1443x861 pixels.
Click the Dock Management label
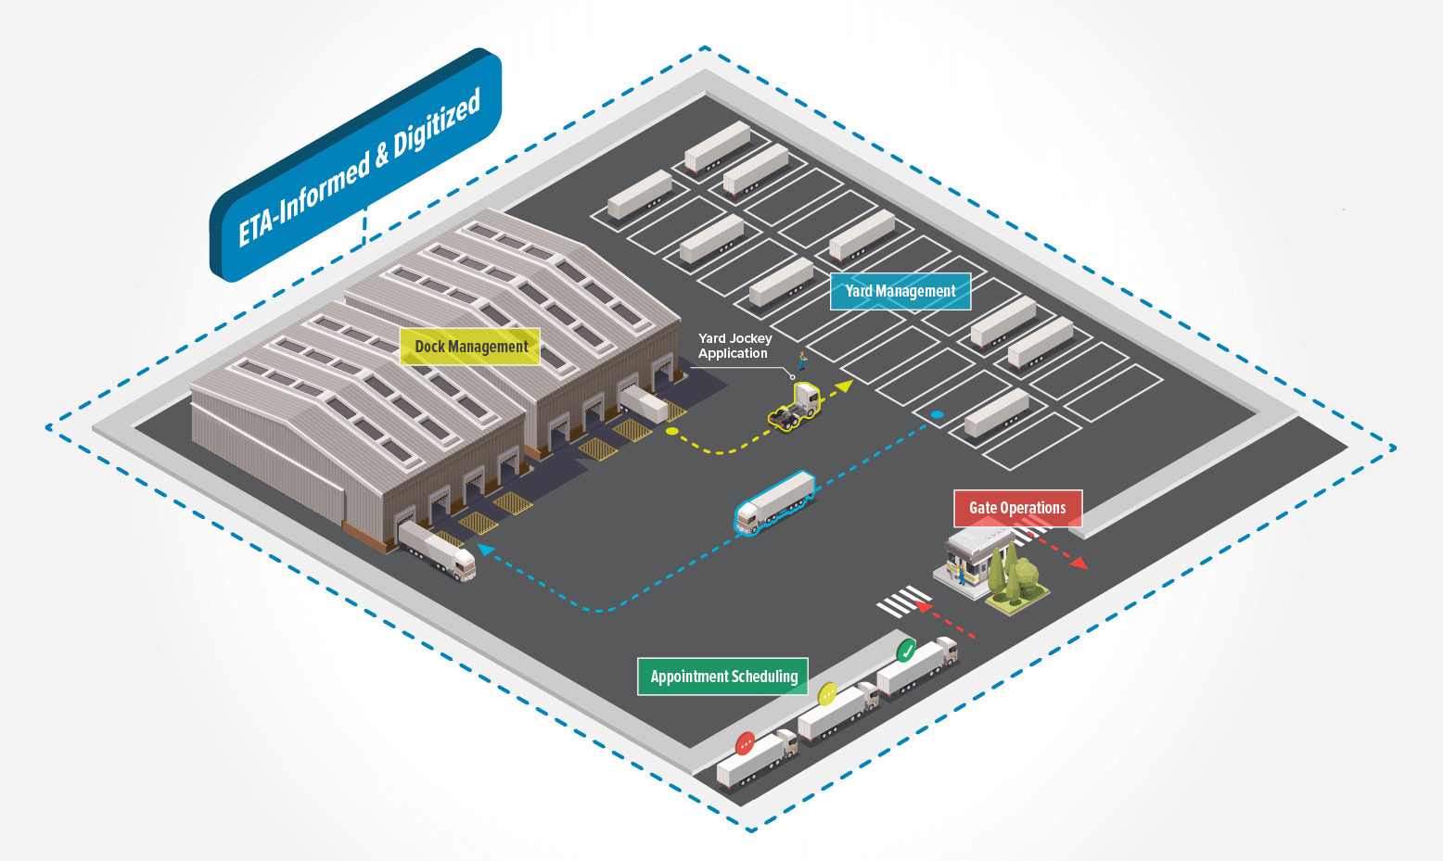[470, 347]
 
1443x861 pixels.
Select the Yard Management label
[900, 291]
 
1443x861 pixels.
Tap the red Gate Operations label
[1017, 508]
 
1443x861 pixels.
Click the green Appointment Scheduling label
[723, 677]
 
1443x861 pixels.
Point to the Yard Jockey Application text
[734, 346]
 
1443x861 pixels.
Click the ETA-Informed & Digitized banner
[357, 167]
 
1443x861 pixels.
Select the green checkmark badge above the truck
[907, 649]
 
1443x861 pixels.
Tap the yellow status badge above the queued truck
[827, 692]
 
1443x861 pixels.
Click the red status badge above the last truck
[746, 742]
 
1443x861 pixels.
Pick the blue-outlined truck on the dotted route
[775, 503]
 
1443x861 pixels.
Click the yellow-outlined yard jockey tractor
[796, 407]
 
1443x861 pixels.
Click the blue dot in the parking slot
[937, 414]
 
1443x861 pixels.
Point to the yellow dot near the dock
[671, 431]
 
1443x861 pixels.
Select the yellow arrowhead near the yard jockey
[843, 386]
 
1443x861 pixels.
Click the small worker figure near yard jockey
[802, 360]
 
